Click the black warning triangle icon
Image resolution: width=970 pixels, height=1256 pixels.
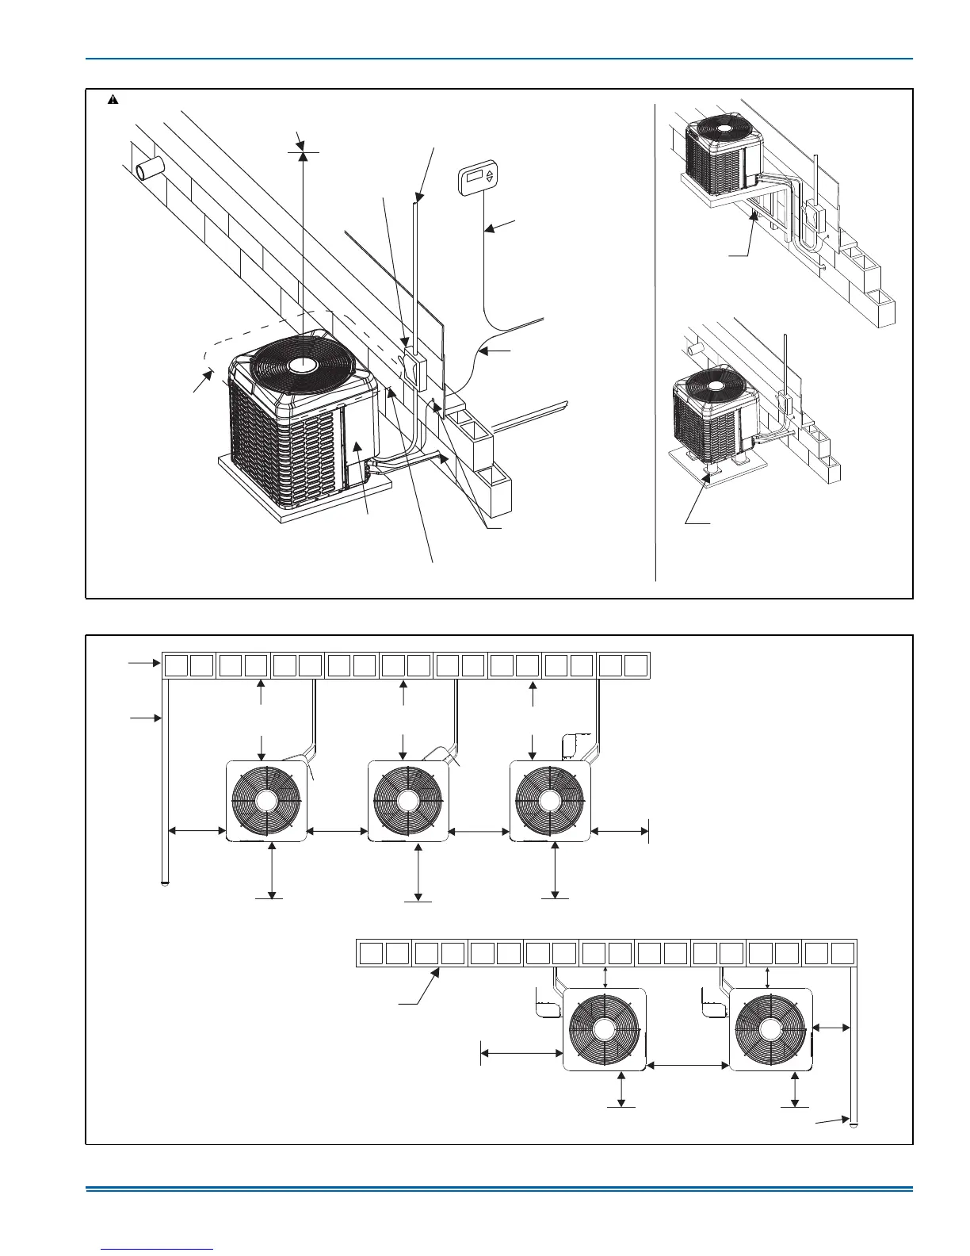coord(113,101)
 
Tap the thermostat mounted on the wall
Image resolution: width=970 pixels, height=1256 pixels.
coord(478,178)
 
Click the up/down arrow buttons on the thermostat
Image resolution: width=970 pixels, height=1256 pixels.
coord(490,177)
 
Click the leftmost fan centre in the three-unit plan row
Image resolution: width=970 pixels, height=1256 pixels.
coord(266,801)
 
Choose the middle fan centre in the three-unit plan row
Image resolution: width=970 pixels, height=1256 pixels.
coord(408,801)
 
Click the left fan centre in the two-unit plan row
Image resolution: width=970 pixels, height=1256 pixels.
coord(605,1029)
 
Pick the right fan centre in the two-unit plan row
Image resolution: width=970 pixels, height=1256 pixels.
coord(770,1029)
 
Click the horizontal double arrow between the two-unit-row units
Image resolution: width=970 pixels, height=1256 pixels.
coord(687,1066)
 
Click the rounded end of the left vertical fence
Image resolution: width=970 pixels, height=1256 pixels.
coord(164,881)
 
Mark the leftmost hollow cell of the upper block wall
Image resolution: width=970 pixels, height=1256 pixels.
coord(175,664)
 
